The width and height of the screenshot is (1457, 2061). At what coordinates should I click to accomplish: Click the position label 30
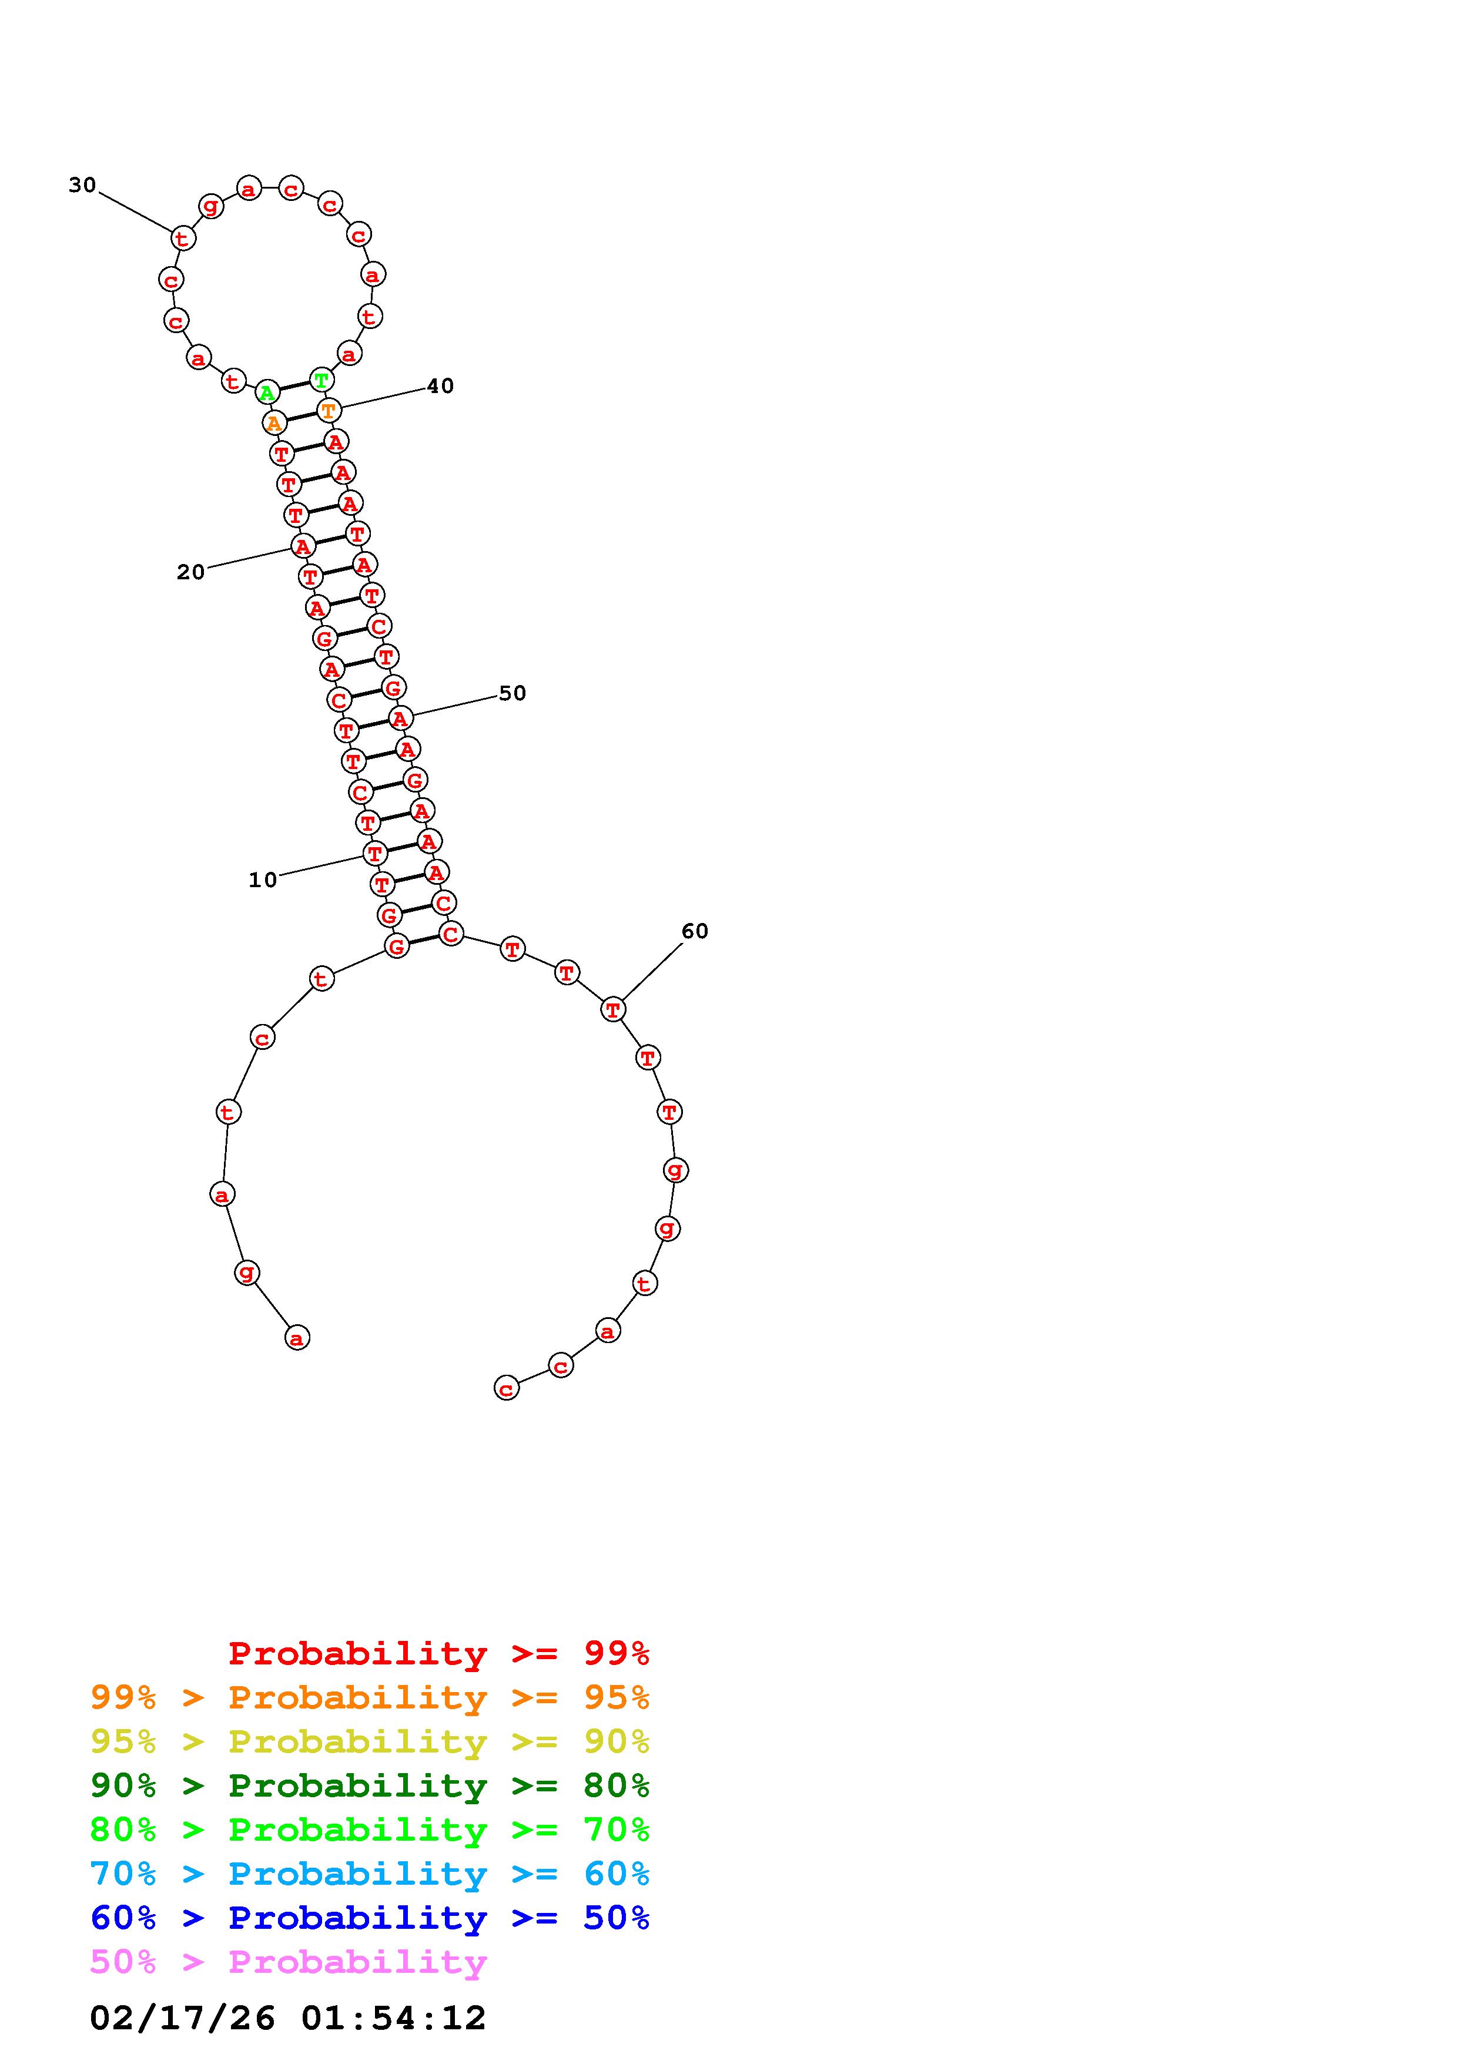coord(83,185)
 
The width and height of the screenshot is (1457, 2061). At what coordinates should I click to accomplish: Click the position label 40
coord(440,386)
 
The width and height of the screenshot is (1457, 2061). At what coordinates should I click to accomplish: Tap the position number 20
coord(191,572)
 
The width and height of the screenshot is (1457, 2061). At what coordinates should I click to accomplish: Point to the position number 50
coord(512,693)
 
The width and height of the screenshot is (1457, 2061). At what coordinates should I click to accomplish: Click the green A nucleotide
coord(267,392)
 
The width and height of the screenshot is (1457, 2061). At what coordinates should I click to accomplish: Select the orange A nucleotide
coord(274,422)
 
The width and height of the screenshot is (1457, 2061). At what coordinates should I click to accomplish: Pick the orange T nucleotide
coord(329,410)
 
